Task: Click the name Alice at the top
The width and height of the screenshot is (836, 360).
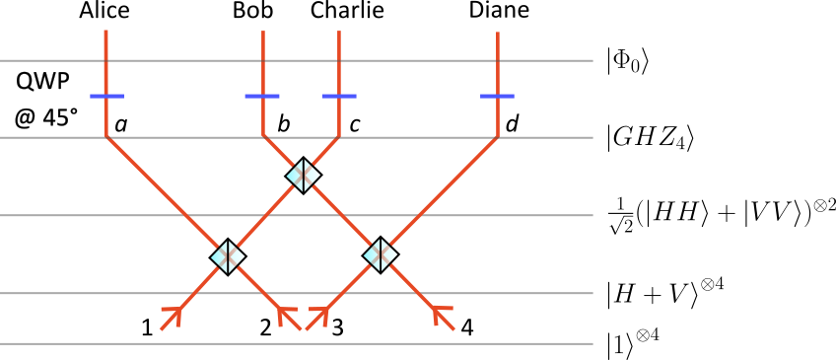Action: tap(105, 12)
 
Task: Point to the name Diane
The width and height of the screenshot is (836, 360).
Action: tap(499, 12)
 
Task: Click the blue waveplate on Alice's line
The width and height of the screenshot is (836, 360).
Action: tap(105, 97)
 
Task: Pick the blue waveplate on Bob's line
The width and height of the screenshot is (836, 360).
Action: tap(262, 97)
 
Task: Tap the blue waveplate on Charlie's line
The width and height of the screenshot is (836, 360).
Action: tap(339, 97)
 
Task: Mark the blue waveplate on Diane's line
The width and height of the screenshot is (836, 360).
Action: tap(497, 97)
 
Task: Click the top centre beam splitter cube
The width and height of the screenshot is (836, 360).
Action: tap(302, 176)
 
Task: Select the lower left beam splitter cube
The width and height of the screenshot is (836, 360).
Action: tap(228, 254)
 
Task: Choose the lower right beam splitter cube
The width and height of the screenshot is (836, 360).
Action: tap(379, 254)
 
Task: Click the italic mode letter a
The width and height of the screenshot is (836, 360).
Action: tap(120, 125)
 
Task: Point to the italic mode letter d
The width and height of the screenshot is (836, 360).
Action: tap(511, 124)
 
